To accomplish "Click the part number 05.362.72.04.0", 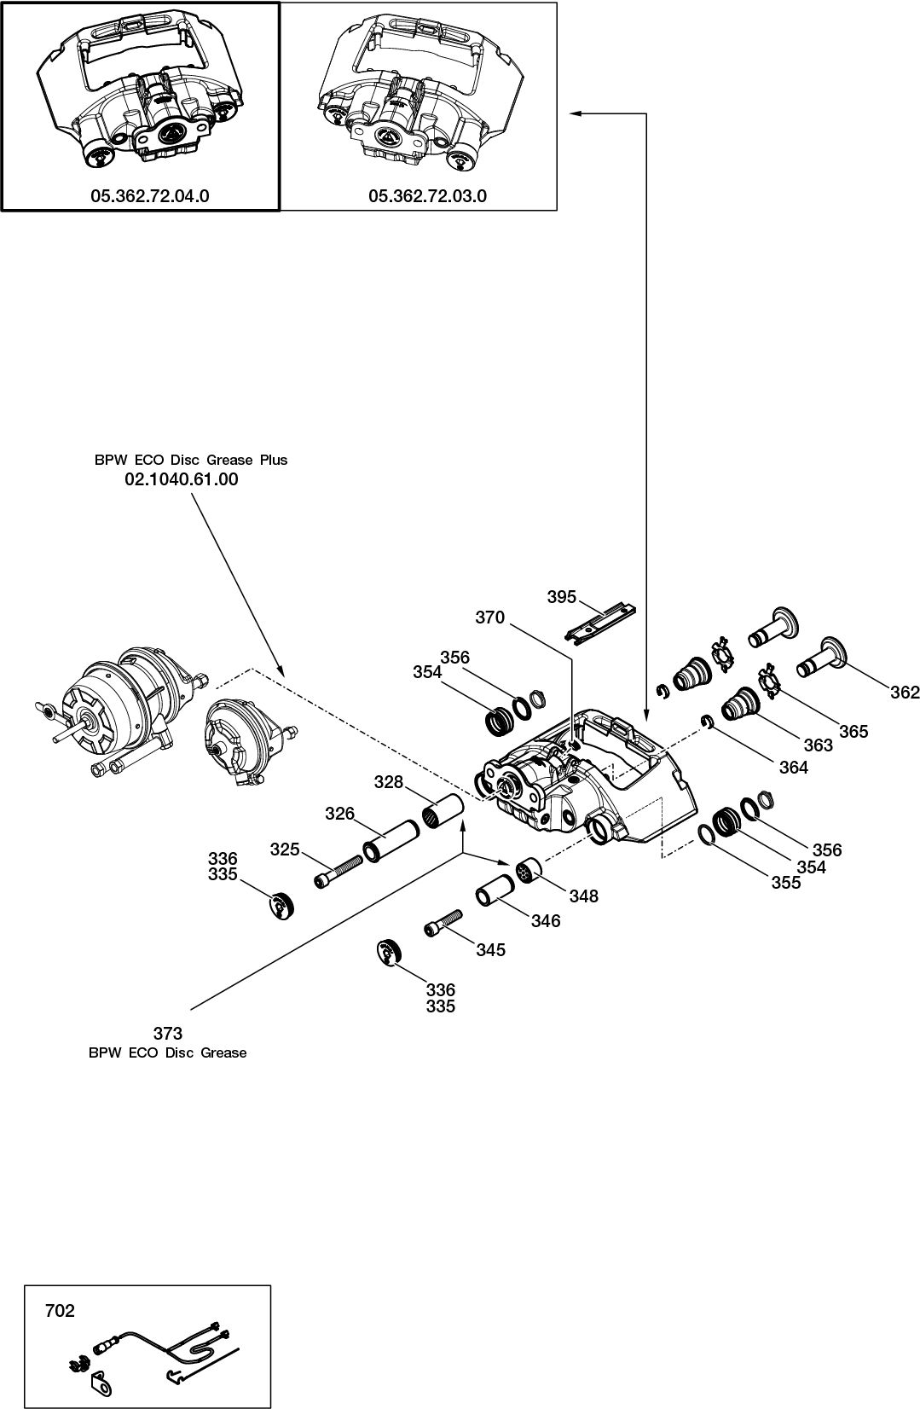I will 150,196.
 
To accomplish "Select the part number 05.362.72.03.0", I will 427,196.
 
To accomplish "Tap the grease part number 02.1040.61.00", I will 182,479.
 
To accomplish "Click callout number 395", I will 562,597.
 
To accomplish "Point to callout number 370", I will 489,618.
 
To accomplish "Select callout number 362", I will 905,693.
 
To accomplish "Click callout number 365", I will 853,731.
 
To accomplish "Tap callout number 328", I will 389,782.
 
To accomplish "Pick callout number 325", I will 286,849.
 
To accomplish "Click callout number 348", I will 585,896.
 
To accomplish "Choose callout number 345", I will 491,950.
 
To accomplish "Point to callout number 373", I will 168,1035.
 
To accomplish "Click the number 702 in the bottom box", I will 60,1311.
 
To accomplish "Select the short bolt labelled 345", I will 442,923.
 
